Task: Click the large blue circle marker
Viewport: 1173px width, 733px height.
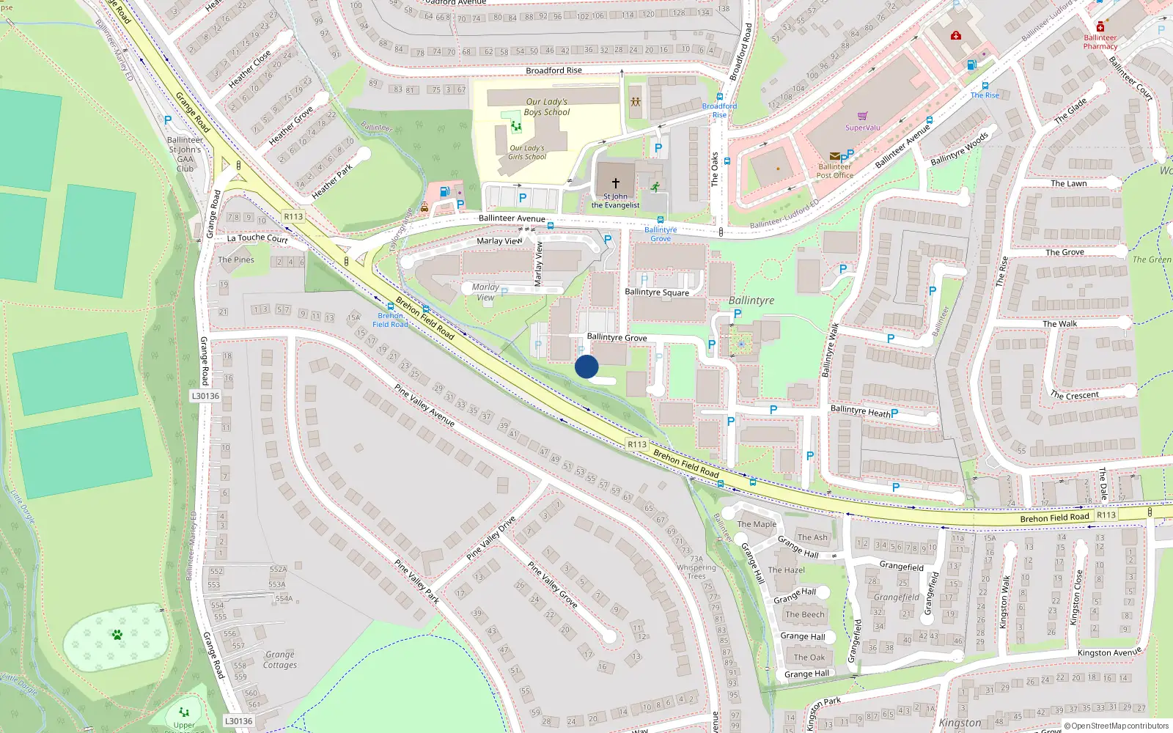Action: tap(586, 366)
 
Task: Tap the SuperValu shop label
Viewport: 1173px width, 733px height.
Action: tap(863, 128)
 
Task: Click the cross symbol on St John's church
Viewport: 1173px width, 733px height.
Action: tap(616, 183)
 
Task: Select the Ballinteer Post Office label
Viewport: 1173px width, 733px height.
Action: tap(835, 171)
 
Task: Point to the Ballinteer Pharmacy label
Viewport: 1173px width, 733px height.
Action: tap(1100, 42)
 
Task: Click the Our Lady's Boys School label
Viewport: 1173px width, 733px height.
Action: tap(547, 107)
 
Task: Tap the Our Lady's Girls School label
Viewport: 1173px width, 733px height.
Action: tap(528, 152)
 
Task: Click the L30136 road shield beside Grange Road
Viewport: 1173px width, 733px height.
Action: tap(205, 396)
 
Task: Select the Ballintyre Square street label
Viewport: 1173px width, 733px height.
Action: tap(657, 292)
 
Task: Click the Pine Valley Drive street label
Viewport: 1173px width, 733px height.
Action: tap(491, 538)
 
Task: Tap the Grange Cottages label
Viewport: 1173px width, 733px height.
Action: tap(280, 660)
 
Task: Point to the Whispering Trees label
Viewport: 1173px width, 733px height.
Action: tap(696, 572)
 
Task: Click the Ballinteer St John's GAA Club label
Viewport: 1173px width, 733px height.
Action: tap(185, 154)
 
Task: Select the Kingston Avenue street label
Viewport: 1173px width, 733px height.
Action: tap(1109, 652)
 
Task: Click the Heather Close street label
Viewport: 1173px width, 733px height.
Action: tap(249, 69)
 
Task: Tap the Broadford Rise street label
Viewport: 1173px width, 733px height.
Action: tap(554, 70)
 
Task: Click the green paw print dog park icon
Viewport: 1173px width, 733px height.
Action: tap(117, 634)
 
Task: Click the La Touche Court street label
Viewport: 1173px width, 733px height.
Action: tap(257, 238)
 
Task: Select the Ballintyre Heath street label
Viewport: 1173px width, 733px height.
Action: tap(860, 411)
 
